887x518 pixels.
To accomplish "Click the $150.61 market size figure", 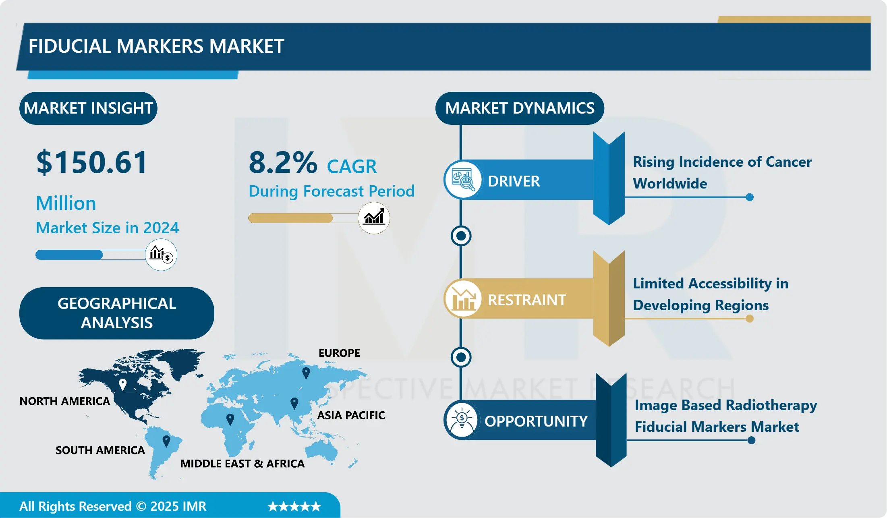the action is tap(92, 162).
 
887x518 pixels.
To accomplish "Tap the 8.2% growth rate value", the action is tap(283, 162).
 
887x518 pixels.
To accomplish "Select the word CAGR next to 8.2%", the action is tap(352, 166).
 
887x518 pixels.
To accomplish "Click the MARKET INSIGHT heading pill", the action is tap(88, 108).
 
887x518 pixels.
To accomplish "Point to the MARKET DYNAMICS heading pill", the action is tap(520, 108).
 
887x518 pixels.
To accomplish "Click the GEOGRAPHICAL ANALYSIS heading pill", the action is tap(117, 313).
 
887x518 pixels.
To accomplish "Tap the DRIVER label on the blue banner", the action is tap(514, 181).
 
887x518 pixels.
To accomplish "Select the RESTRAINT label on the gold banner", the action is tap(527, 300).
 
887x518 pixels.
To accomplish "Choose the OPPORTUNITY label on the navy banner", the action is tap(536, 421).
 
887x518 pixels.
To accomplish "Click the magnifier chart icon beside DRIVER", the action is tap(463, 180).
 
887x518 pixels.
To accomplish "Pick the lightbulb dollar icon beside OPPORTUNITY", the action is tap(462, 420).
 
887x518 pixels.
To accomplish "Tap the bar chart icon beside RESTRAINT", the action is tap(463, 298).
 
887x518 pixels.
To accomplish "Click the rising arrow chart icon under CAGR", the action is tap(374, 218).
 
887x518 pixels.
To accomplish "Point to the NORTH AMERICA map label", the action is tap(65, 401).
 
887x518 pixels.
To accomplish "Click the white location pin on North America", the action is tap(123, 385).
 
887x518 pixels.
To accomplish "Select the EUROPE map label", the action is tap(339, 353).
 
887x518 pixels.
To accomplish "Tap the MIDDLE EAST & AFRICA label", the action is tap(242, 464).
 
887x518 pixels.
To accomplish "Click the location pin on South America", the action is tap(166, 441).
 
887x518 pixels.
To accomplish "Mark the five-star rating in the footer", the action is tap(294, 506).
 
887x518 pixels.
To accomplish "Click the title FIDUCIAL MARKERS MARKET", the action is tap(156, 46).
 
